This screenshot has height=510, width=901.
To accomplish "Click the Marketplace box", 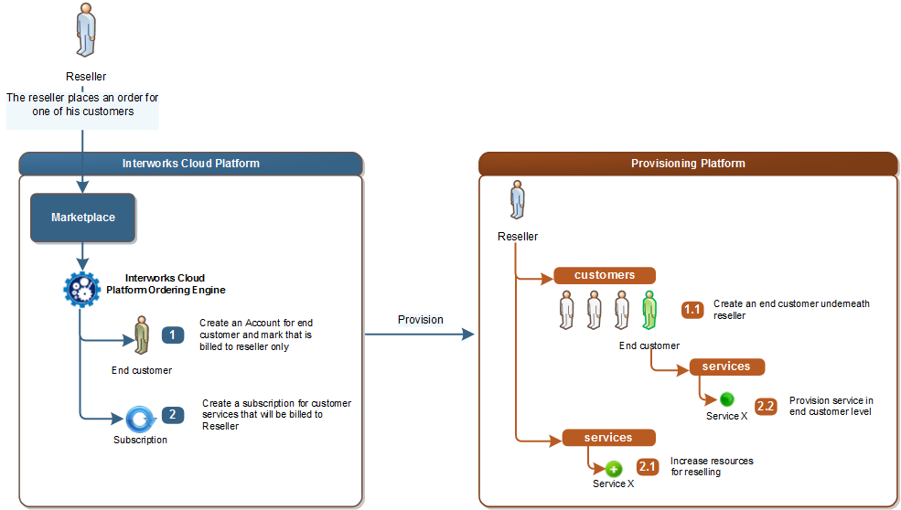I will (83, 218).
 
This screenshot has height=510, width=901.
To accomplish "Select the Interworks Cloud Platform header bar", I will (191, 164).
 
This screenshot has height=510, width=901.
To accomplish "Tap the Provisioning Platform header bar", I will (688, 164).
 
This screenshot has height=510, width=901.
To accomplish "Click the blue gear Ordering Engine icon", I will (80, 289).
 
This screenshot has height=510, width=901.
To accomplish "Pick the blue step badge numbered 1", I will (173, 335).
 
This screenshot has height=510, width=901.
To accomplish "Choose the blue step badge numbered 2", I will (173, 415).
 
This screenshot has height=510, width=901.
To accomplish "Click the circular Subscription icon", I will (142, 419).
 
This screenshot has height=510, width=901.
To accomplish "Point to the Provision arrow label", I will (420, 320).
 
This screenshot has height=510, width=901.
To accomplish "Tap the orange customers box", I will (605, 275).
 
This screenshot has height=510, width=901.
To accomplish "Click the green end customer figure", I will (649, 311).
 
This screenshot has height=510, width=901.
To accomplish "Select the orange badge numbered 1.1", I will (692, 310).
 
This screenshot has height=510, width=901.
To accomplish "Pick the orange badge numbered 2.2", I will (766, 407).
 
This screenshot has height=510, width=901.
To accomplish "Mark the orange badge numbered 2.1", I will (648, 467).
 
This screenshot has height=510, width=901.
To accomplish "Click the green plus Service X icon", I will (614, 469).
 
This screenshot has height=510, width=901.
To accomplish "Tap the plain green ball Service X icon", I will (726, 399).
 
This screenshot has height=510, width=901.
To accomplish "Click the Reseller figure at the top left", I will (86, 32).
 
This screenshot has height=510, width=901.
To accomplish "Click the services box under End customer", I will (726, 367).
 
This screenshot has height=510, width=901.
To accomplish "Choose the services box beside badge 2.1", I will (608, 438).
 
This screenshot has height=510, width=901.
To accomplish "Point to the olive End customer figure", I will (142, 336).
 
